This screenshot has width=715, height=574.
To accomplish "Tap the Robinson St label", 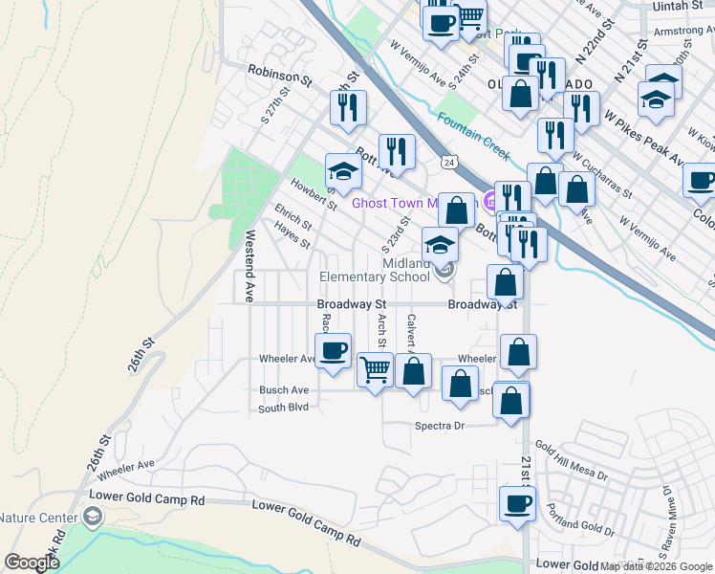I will (x=280, y=73).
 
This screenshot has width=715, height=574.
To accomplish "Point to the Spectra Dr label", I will (x=439, y=426).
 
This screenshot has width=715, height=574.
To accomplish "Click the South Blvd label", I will (x=284, y=408).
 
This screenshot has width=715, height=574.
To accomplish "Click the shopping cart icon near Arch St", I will (x=376, y=367).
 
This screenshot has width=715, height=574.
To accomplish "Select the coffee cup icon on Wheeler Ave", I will (x=333, y=351).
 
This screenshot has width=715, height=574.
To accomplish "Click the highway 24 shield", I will (x=447, y=163).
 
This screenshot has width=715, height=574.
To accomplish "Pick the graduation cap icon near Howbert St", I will (x=343, y=172).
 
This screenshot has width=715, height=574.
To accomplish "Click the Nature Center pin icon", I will (x=92, y=518).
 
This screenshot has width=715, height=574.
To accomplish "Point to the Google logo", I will (x=32, y=563).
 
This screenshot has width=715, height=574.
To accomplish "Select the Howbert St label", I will (x=314, y=197).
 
